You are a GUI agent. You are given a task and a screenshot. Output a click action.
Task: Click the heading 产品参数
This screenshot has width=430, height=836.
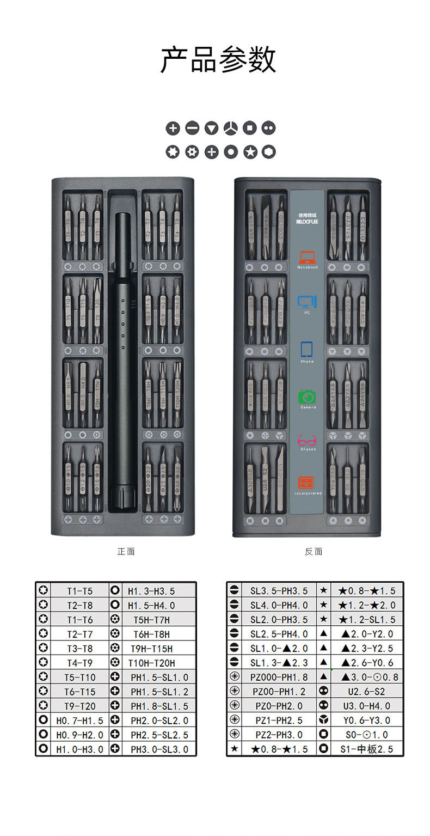(218, 59)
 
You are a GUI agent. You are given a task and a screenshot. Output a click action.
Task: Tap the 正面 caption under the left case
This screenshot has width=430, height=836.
(126, 552)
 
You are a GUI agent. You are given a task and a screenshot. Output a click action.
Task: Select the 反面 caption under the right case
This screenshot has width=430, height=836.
(314, 552)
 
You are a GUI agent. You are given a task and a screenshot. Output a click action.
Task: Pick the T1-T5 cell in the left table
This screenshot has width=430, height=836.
(79, 590)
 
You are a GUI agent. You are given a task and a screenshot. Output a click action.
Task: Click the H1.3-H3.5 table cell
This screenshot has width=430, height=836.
(151, 590)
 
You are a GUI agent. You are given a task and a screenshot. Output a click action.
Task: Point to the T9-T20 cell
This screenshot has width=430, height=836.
(79, 706)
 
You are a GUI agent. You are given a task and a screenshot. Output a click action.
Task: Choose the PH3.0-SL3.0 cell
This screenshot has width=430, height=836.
(159, 749)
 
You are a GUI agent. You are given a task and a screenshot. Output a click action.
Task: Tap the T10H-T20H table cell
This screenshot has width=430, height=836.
(151, 663)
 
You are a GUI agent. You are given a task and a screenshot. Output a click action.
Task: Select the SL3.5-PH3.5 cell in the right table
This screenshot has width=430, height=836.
(279, 590)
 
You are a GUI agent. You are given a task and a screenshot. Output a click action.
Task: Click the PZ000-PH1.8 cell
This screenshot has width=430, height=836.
(279, 677)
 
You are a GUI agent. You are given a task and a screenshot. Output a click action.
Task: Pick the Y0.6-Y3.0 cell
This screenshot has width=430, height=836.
(367, 720)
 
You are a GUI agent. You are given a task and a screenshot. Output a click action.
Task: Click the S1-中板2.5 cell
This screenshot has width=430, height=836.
(367, 749)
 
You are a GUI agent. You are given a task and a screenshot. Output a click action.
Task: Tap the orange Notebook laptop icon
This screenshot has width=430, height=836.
(307, 258)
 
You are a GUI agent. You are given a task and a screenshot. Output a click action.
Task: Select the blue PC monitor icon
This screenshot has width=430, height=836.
(307, 302)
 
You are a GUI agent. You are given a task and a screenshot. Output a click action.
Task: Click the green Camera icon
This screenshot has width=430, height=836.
(307, 397)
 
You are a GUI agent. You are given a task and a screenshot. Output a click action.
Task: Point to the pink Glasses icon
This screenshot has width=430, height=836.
(307, 440)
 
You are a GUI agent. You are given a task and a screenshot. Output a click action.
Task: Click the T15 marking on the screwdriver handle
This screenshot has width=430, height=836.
(133, 304)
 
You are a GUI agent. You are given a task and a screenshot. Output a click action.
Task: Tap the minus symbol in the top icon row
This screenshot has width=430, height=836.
(192, 129)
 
